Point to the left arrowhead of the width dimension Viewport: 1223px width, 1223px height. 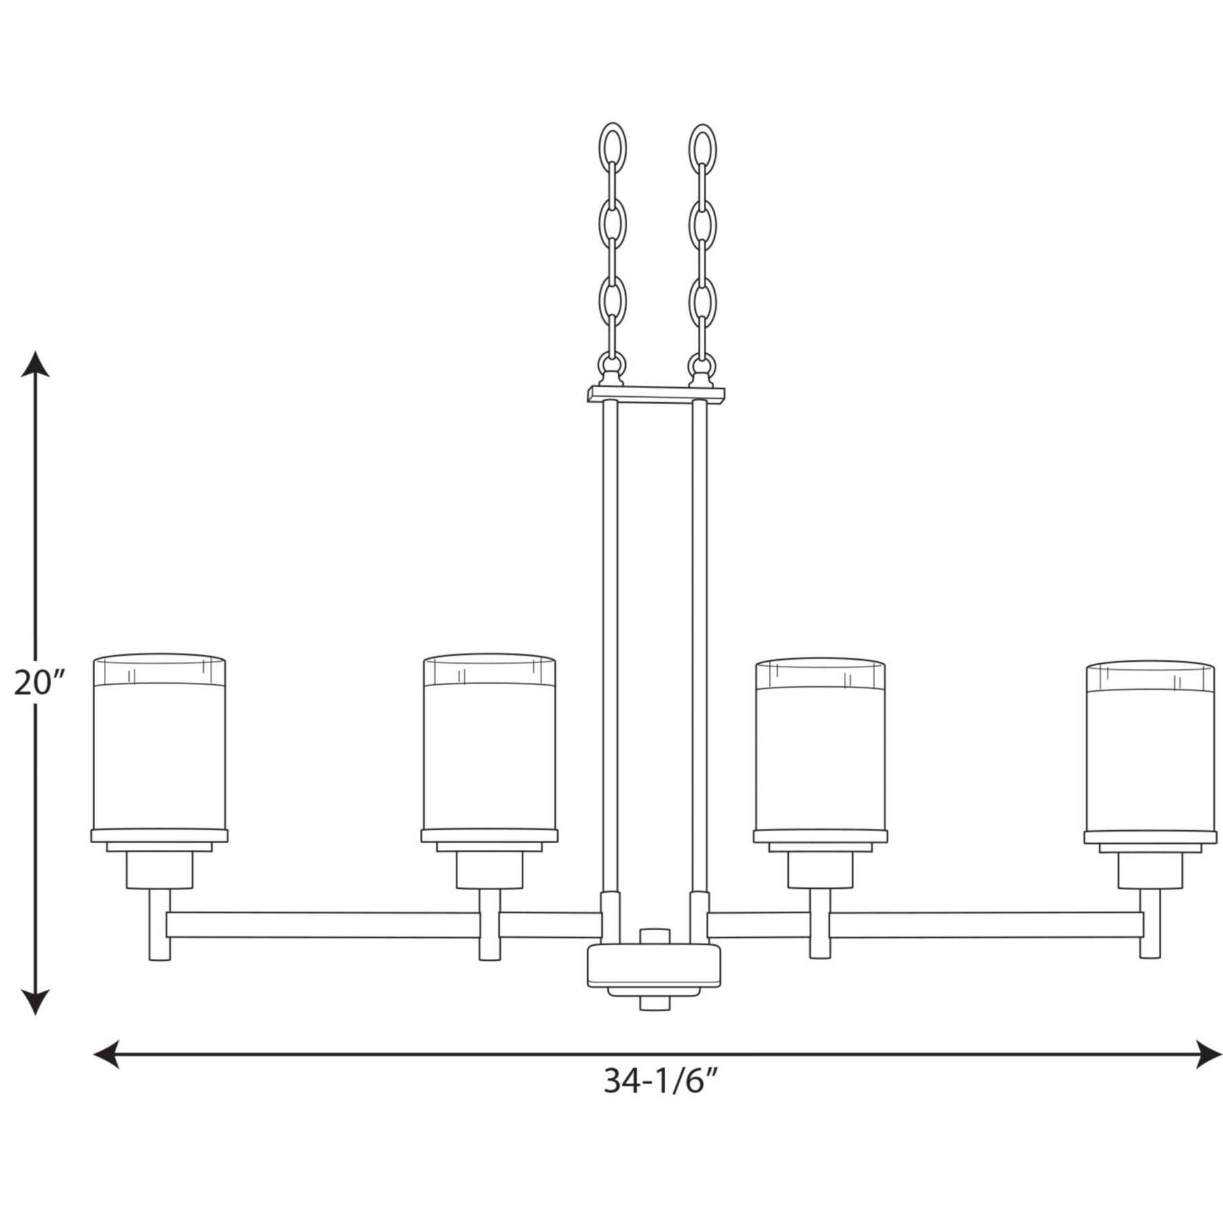[107, 1054]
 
